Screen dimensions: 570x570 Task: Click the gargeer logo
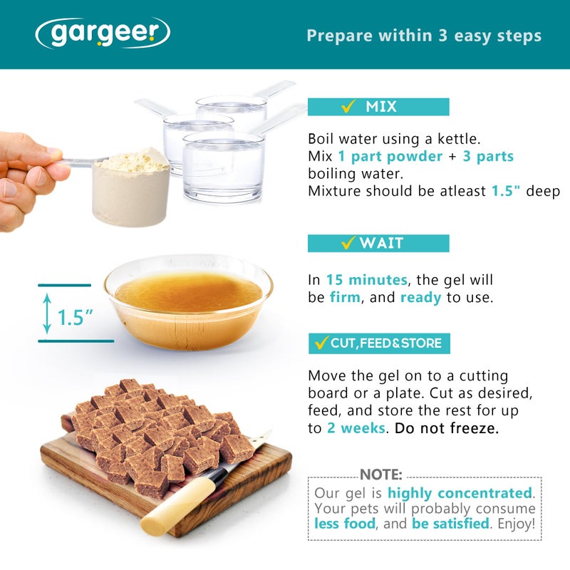coord(103,33)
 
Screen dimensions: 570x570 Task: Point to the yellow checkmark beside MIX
coord(348,106)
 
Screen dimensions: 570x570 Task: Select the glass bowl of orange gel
coord(188,302)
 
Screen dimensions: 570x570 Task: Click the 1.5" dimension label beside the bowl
coord(76,317)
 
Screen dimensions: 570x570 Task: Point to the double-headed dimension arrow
coord(47,313)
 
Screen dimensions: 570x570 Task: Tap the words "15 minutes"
coord(366,280)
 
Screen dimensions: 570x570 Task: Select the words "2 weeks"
coord(356,428)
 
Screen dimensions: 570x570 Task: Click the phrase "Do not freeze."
coord(447,428)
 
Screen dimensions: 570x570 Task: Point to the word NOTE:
coord(381,475)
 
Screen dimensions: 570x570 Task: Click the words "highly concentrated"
coord(460,493)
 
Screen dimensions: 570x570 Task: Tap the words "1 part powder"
coord(390,157)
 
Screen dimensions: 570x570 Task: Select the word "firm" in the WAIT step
coord(345,297)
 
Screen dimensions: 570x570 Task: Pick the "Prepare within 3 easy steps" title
coord(424,36)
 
